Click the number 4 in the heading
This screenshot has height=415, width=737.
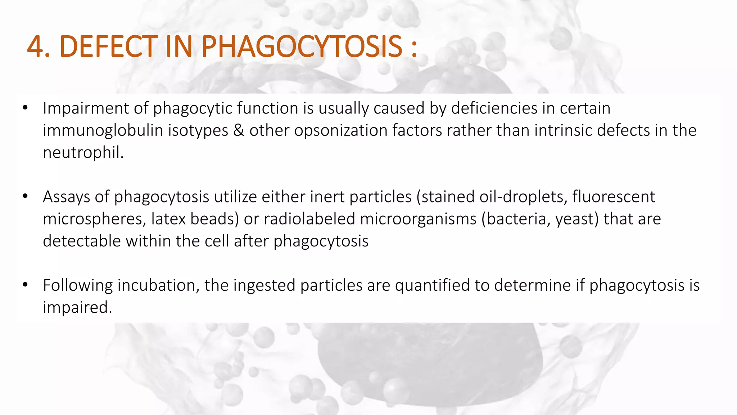pos(36,47)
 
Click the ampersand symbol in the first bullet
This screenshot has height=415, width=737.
pos(239,130)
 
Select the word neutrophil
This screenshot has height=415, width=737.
pos(83,153)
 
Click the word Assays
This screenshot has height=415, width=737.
pos(66,197)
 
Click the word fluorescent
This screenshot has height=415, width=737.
pos(614,197)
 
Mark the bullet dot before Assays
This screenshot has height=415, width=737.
pos(25,196)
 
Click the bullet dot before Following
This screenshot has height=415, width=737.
pos(25,285)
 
